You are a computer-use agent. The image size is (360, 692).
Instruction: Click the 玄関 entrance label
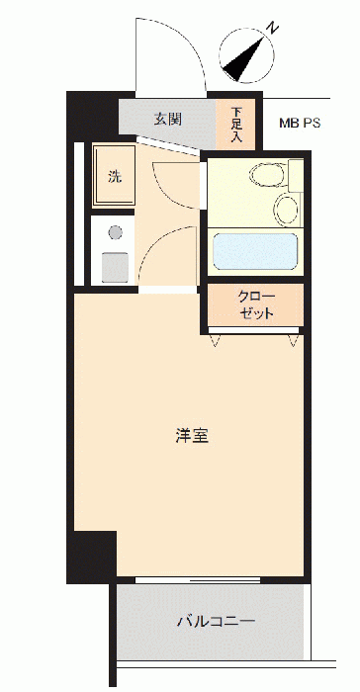tap(167, 119)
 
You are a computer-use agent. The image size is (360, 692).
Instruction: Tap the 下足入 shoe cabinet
tap(235, 125)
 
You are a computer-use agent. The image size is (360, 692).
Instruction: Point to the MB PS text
tap(299, 123)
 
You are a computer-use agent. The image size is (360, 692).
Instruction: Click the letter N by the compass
tap(273, 29)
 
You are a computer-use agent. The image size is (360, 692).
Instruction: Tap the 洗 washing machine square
tap(114, 176)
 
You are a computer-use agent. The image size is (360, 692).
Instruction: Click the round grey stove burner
tap(116, 232)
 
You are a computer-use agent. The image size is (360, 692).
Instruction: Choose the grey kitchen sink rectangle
tap(115, 267)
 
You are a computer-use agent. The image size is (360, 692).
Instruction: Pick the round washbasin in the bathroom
tap(286, 210)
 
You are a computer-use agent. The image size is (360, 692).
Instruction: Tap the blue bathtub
tap(255, 251)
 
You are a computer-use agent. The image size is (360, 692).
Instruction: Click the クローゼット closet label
tap(256, 305)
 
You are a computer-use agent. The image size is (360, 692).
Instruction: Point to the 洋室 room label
tap(192, 437)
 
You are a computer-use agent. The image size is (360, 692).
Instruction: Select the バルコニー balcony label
tap(216, 622)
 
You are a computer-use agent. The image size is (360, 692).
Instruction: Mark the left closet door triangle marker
tap(216, 340)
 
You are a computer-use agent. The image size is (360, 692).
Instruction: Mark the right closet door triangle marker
tap(294, 340)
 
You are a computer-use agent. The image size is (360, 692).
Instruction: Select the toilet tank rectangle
tap(296, 176)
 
